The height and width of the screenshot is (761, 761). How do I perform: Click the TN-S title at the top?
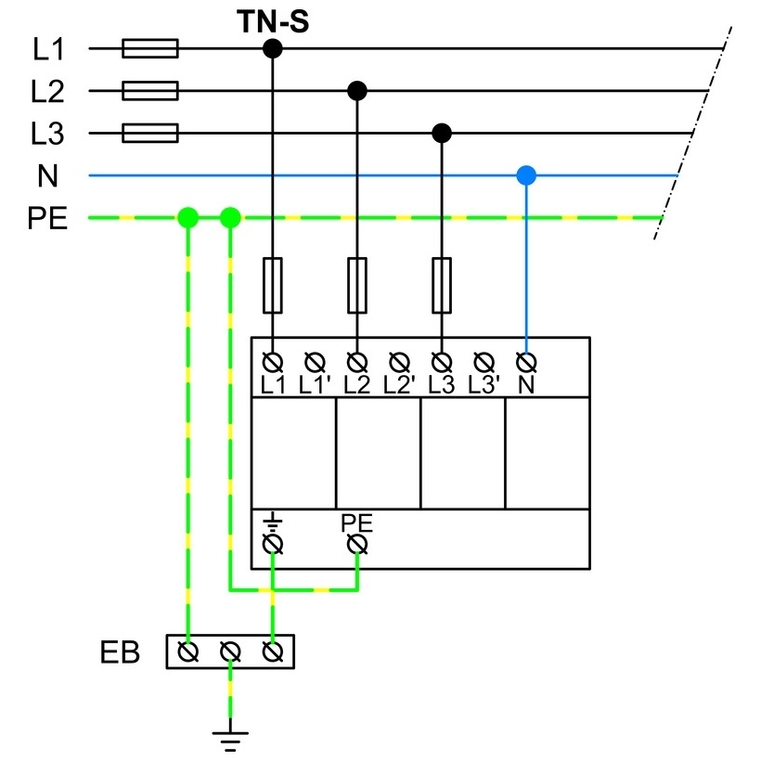click(273, 22)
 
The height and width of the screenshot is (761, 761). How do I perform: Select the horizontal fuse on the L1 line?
click(150, 48)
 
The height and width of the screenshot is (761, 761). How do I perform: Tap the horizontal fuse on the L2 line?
click(150, 91)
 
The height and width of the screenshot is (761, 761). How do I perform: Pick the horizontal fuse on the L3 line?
click(150, 133)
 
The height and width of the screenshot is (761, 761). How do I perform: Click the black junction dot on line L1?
click(273, 48)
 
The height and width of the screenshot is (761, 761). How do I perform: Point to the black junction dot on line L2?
click(357, 91)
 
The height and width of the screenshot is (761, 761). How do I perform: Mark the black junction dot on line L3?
click(442, 133)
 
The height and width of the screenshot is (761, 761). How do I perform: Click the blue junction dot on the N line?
click(526, 175)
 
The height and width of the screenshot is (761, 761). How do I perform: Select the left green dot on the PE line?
click(188, 217)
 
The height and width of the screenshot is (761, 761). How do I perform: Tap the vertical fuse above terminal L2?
click(357, 286)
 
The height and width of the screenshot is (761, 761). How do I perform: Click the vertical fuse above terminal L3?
click(442, 286)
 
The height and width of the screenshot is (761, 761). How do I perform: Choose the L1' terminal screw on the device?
click(315, 362)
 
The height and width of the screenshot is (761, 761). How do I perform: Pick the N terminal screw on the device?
click(526, 362)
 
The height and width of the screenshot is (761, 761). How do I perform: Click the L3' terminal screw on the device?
click(484, 362)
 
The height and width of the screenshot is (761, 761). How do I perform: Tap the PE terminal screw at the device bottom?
click(357, 544)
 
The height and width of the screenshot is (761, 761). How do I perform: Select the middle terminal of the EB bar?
click(230, 651)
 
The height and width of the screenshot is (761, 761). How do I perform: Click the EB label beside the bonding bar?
click(120, 652)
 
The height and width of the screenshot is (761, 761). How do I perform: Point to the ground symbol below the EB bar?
click(230, 741)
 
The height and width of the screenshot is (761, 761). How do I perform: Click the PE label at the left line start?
click(47, 218)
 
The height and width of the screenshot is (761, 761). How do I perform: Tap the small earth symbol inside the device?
click(273, 522)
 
